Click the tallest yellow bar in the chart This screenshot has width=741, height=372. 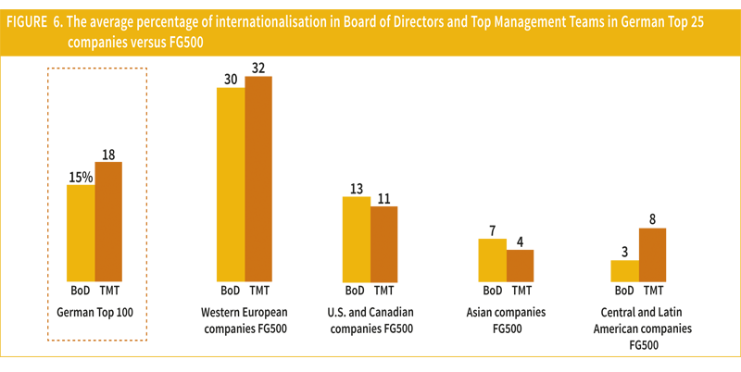(x=214, y=185)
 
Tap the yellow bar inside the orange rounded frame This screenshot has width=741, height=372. (x=75, y=231)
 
